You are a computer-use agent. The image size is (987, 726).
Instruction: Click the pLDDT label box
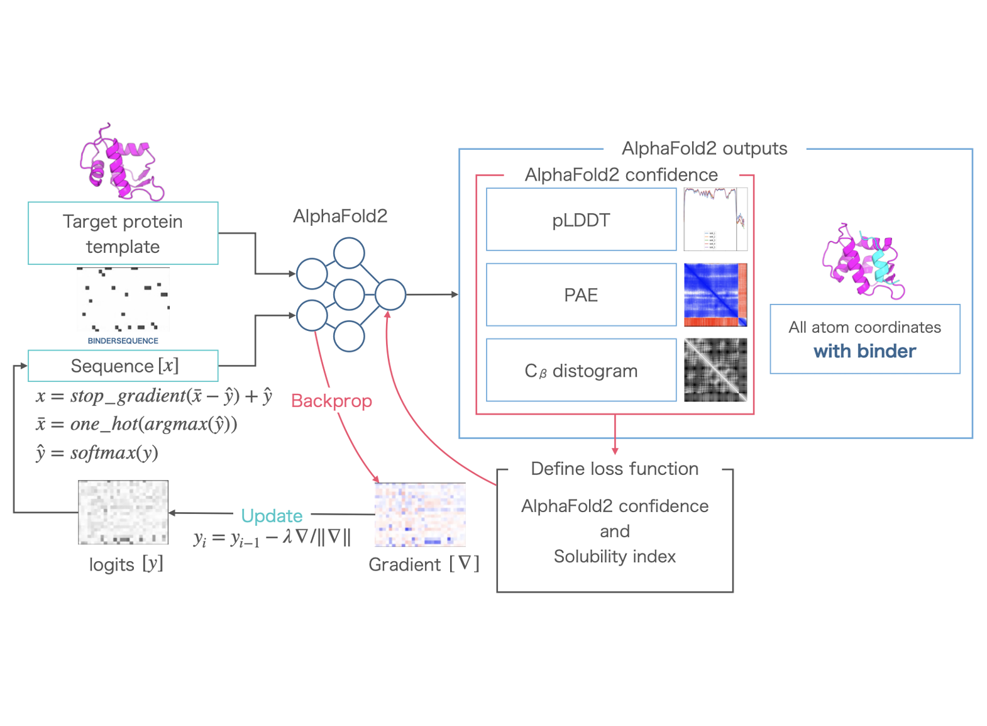581,220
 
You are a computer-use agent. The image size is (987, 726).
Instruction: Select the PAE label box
581,294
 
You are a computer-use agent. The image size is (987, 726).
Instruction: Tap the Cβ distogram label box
581,370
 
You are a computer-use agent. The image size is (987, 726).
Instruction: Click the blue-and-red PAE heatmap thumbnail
715,294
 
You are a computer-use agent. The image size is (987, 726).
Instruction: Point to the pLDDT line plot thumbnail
715,219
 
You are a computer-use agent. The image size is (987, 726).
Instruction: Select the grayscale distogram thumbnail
715,370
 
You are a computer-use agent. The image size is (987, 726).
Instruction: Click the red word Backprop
331,401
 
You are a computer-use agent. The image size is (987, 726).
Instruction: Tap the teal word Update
272,516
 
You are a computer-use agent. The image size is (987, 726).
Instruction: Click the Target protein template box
123,233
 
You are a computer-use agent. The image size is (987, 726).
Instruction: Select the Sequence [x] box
123,366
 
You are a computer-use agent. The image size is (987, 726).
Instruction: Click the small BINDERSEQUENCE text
123,340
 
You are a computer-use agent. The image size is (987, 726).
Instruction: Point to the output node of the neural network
390,294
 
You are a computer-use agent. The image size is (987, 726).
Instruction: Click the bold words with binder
864,351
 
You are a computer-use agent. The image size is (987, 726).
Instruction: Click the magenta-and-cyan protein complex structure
863,261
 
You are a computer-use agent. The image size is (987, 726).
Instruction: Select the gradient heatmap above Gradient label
420,515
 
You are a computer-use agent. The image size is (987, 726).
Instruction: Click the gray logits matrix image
123,512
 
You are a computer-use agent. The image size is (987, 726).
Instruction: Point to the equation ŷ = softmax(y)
97,453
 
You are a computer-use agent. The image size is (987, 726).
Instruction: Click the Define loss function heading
614,469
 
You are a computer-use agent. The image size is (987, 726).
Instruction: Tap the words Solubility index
614,556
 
